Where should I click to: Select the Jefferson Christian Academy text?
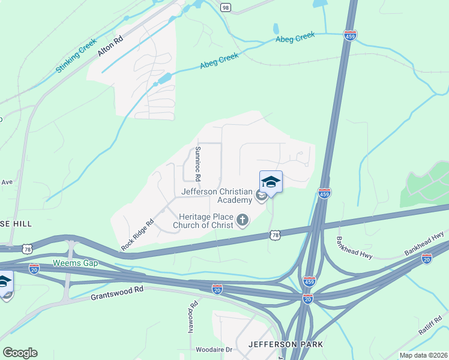(218, 196)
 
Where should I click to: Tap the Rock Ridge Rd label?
(137, 235)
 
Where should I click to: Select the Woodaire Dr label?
(213, 349)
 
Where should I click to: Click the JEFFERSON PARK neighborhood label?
(285, 344)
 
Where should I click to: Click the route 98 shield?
(225, 7)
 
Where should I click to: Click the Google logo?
(19, 353)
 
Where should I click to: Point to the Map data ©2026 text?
(423, 355)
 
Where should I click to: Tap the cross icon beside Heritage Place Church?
(243, 220)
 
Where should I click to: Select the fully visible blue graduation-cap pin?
(271, 182)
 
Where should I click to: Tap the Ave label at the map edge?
(7, 181)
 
